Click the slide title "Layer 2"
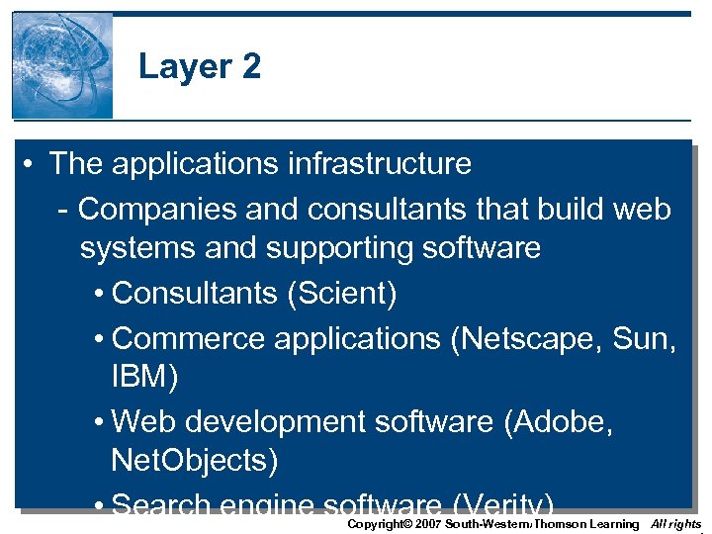coord(200,66)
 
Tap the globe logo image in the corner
coord(62,66)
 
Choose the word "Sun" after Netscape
coord(640,338)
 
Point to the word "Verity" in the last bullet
coord(509,504)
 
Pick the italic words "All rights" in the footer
coord(676,523)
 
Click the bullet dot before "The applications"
coord(34,163)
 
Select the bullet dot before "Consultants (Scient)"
coord(102,294)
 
